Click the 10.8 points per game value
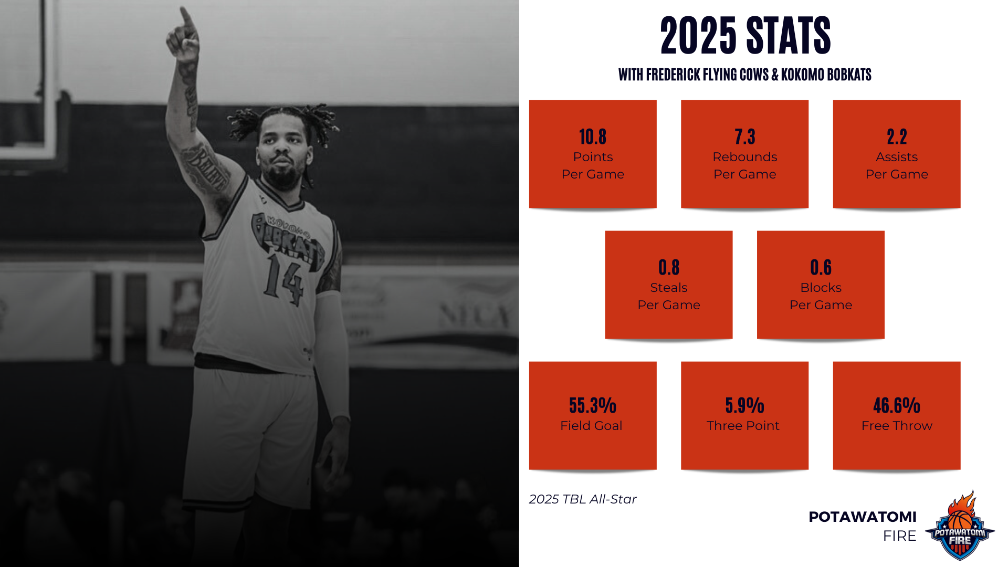click(593, 137)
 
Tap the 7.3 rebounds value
click(744, 137)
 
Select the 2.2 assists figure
click(897, 137)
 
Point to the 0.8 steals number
click(669, 268)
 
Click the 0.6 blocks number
click(821, 268)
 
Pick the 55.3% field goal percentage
click(593, 406)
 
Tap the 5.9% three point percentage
click(744, 406)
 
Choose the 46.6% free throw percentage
click(897, 406)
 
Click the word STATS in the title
click(788, 36)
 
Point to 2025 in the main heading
click(698, 36)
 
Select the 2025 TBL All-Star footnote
click(583, 499)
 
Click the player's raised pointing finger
click(185, 18)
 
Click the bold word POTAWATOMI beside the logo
click(863, 517)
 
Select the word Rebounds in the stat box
click(744, 157)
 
